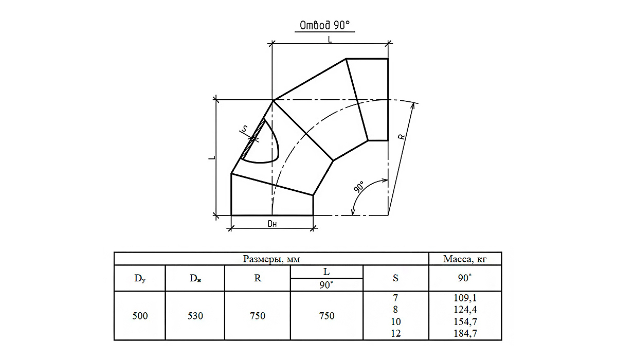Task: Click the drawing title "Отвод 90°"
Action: click(324, 25)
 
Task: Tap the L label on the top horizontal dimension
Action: click(330, 40)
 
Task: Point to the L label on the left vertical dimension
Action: click(212, 157)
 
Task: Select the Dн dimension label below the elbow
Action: click(272, 224)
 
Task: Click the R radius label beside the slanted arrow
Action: click(402, 136)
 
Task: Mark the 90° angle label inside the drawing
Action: click(359, 187)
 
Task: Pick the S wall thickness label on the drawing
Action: click(244, 129)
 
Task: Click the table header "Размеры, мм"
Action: click(271, 259)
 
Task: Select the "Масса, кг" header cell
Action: click(465, 259)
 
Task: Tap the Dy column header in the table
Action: click(140, 278)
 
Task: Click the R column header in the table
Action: click(258, 278)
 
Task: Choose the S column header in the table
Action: click(395, 278)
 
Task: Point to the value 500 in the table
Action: click(140, 316)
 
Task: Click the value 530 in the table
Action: click(195, 316)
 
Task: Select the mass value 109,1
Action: click(465, 298)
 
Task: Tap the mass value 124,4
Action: click(465, 310)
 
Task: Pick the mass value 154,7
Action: click(465, 321)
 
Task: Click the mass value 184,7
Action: click(465, 333)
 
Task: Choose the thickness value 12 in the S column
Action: click(395, 333)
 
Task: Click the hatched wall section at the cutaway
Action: click(253, 139)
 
